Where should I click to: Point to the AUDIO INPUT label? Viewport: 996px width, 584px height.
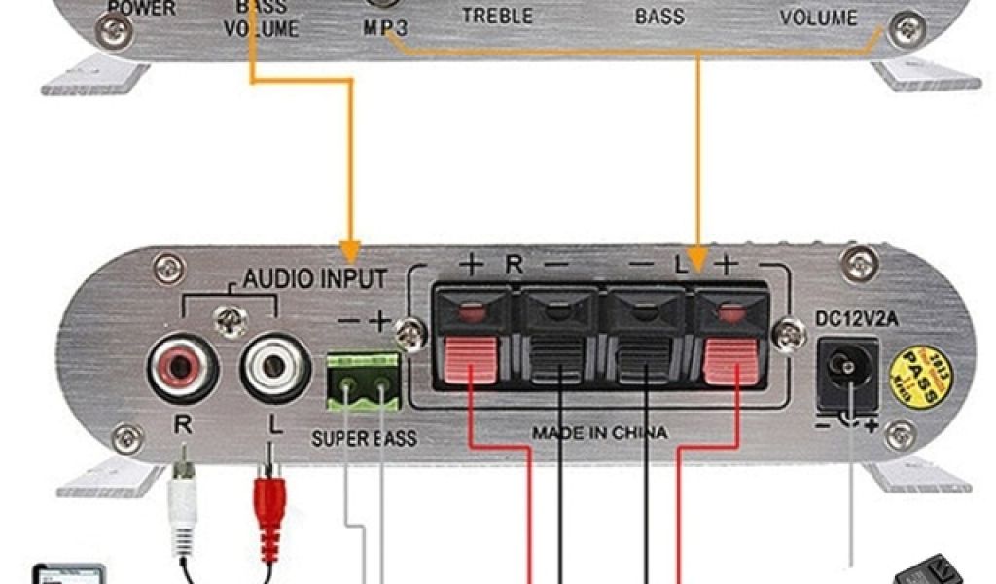click(314, 280)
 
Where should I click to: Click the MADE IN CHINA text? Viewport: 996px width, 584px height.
click(599, 432)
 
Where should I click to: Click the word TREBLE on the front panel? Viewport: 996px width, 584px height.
click(497, 16)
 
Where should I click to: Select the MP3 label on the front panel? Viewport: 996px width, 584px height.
click(386, 27)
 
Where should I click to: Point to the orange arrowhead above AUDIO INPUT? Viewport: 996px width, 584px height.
click(349, 251)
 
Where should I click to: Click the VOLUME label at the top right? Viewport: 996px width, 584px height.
click(818, 18)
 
